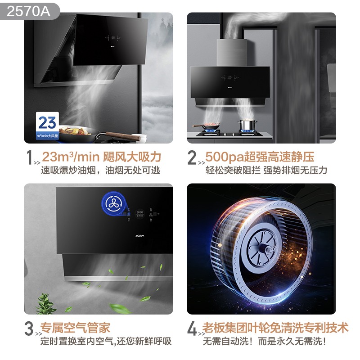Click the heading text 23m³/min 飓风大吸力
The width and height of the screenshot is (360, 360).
point(101,157)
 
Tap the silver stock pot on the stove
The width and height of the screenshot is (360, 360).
point(246,126)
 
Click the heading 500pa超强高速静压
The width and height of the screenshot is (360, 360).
point(260,157)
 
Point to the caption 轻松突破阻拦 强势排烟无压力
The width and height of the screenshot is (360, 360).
point(266,171)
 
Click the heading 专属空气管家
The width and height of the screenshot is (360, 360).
point(75,328)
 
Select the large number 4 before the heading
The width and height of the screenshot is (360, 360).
point(192,329)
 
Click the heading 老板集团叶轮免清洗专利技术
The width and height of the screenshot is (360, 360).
point(276,328)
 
